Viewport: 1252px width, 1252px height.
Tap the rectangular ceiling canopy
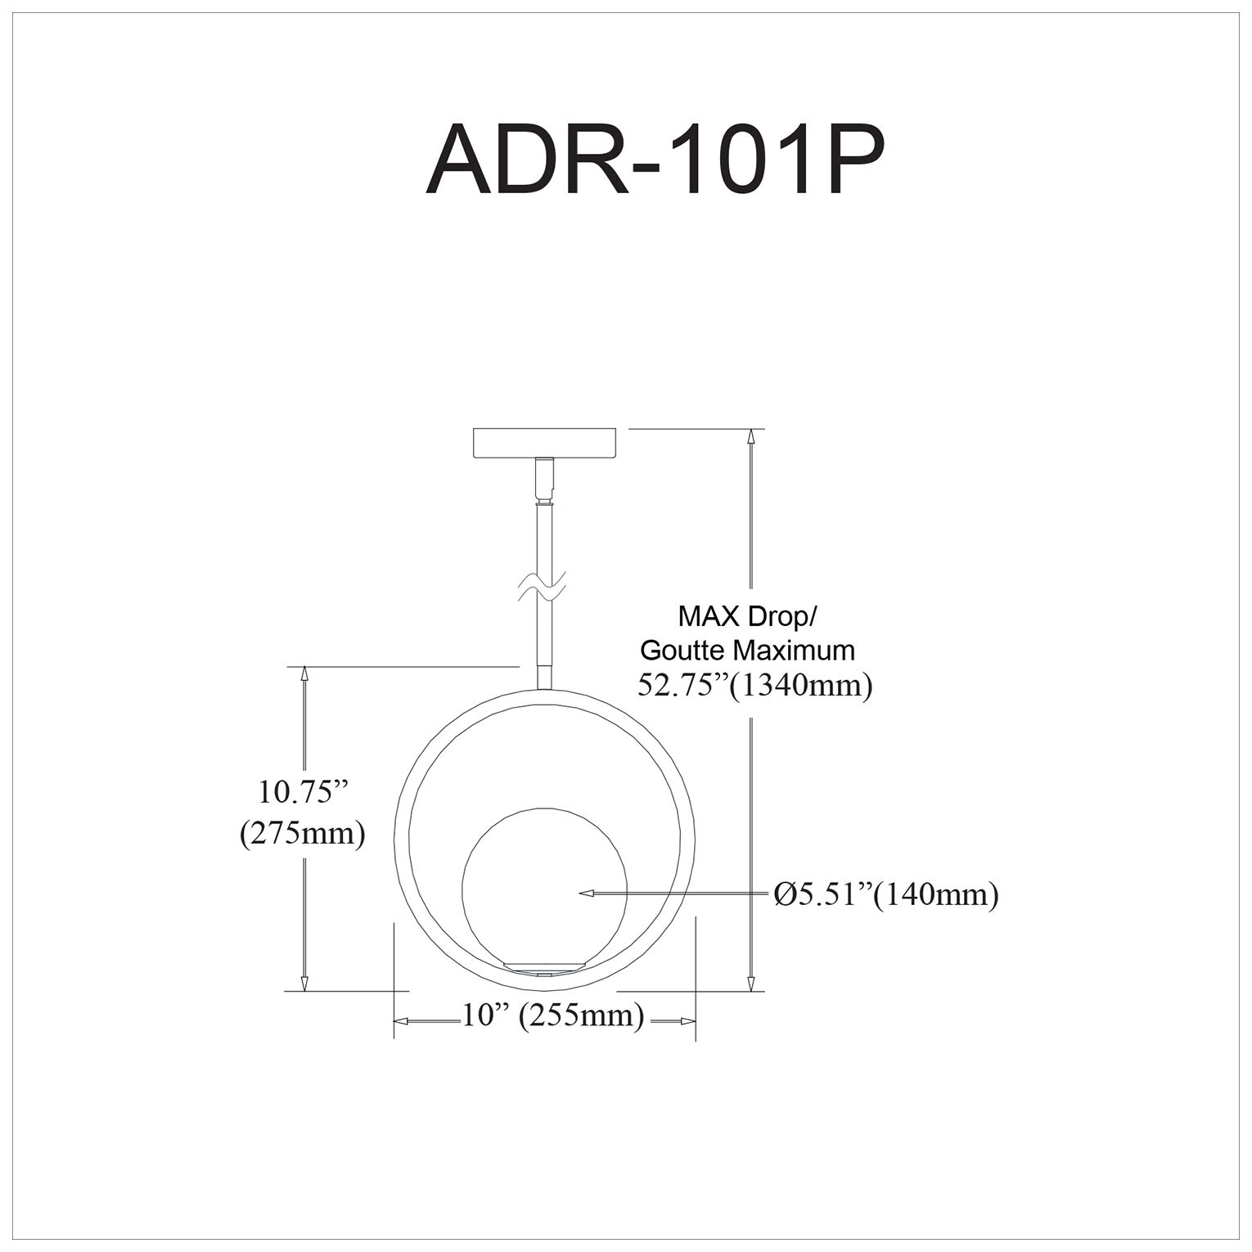click(x=543, y=443)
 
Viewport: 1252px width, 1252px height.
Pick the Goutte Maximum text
click(x=747, y=650)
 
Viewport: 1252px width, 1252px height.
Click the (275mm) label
click(x=302, y=834)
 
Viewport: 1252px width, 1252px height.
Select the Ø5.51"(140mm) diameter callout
click(x=886, y=894)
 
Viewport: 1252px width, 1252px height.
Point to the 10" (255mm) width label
click(x=553, y=1016)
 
